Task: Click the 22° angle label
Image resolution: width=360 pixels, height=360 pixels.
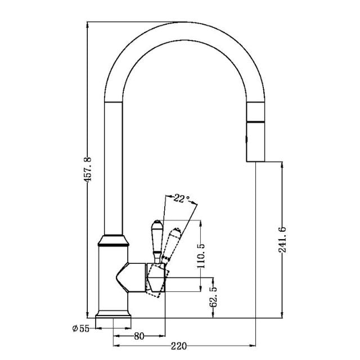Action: pyautogui.click(x=181, y=198)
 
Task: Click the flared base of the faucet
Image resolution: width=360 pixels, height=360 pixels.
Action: pyautogui.click(x=114, y=318)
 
